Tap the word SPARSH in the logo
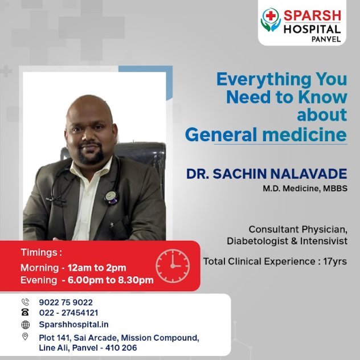tap(312, 16)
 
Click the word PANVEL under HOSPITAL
tap(326, 39)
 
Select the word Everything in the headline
tap(264, 79)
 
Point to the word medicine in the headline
tap(304, 134)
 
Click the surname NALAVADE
tap(309, 174)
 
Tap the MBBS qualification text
tap(335, 189)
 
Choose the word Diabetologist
tap(257, 241)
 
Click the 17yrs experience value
tap(335, 261)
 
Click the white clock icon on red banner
tap(173, 266)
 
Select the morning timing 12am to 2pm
tap(97, 268)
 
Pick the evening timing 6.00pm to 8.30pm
tap(111, 280)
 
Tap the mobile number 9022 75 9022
tap(66, 302)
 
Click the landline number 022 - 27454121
tap(69, 313)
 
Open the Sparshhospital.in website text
tap(73, 325)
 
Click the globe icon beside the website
tap(26, 325)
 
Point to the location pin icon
tap(25, 337)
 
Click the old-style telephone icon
tap(25, 312)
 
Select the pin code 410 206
tap(121, 348)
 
